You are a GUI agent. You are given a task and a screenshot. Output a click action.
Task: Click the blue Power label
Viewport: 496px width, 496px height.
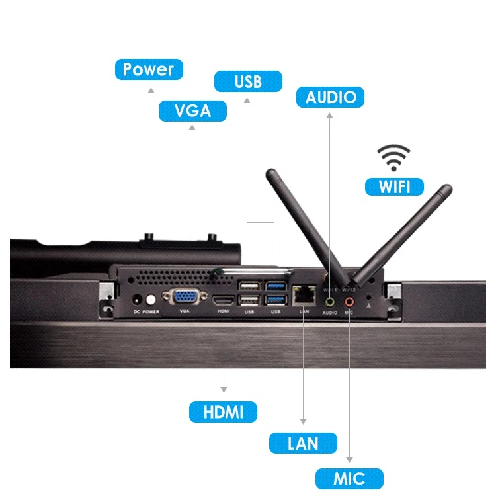pos(148,69)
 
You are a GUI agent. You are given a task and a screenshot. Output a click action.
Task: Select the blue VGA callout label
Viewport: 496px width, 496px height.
pos(192,110)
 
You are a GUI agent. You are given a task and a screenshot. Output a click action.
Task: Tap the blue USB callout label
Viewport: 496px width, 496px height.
pos(248,82)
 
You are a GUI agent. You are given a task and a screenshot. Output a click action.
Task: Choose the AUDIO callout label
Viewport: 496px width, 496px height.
pos(331,97)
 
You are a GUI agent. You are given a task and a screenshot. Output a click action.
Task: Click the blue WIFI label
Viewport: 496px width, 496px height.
pos(395,186)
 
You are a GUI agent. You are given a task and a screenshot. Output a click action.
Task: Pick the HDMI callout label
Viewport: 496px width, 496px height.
pos(223,412)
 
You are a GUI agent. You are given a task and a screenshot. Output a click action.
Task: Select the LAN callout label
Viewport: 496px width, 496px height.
pos(303,443)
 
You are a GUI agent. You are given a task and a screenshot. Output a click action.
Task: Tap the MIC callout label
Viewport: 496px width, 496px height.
pos(349,478)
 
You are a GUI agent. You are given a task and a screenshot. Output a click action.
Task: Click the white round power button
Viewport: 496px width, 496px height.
pos(151,298)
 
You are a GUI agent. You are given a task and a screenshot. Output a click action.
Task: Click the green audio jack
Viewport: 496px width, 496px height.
pos(330,301)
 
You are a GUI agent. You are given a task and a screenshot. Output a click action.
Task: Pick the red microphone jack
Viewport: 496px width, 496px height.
pos(349,302)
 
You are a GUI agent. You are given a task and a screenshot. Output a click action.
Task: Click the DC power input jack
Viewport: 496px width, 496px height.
pos(138,299)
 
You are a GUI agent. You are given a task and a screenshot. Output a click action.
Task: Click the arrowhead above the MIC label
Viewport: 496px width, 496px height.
pos(349,459)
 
